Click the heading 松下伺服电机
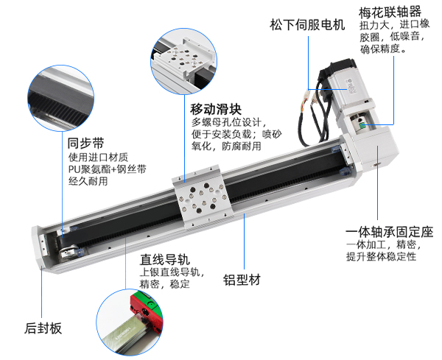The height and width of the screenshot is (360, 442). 307,25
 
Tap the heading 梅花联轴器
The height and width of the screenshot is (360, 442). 390,13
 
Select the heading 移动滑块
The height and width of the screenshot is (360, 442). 216,109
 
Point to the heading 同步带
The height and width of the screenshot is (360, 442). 85,144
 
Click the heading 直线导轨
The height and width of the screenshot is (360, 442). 165,259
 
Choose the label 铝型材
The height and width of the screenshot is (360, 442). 242,280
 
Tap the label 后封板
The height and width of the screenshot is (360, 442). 43,328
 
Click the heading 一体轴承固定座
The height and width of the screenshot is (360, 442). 390,232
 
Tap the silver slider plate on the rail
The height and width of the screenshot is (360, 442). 203,197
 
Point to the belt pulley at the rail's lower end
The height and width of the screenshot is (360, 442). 68,253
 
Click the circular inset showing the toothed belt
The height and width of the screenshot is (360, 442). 61,98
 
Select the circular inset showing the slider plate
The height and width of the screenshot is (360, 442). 183,61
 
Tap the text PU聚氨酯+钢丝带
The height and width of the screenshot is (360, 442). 108,169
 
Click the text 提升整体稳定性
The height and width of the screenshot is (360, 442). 381,256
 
